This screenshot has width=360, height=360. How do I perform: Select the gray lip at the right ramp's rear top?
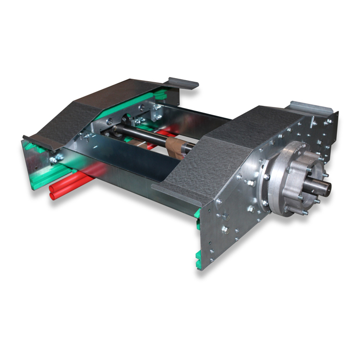(311, 107)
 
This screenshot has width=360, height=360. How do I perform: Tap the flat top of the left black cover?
(126, 93)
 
